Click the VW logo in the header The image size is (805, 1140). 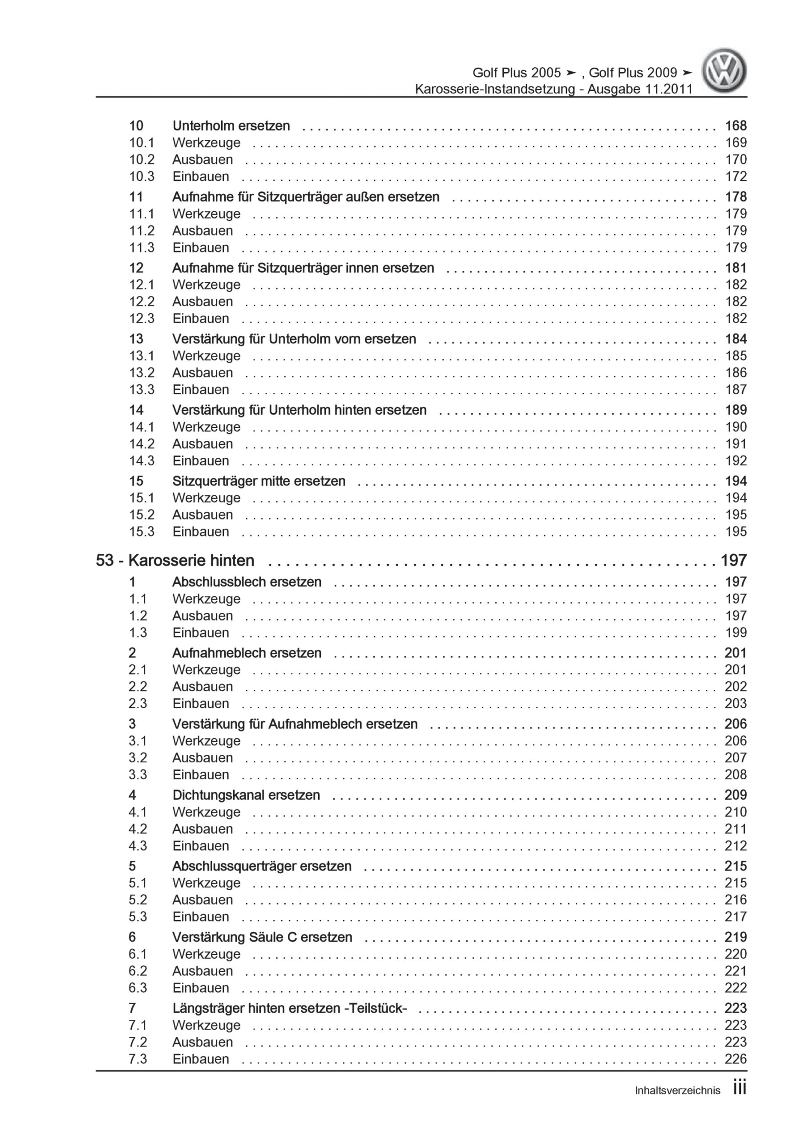[x=724, y=70]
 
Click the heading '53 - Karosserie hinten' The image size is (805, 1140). [x=175, y=561]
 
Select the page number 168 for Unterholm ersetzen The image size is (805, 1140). [x=736, y=126]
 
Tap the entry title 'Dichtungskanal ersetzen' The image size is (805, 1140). [x=246, y=795]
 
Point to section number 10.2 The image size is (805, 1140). [x=142, y=159]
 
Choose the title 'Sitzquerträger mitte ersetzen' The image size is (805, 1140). [x=259, y=480]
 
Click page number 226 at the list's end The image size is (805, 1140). [x=736, y=1059]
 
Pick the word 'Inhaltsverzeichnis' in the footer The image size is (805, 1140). [x=677, y=1091]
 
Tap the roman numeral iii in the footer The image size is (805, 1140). [x=740, y=1089]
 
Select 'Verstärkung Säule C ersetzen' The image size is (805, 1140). [x=262, y=937]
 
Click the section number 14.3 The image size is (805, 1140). [x=142, y=461]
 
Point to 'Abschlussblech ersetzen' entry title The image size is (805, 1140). [x=247, y=582]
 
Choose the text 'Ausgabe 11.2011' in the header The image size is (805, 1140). [x=640, y=90]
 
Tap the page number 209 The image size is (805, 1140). [x=736, y=795]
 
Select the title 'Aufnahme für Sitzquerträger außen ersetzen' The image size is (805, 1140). [x=306, y=197]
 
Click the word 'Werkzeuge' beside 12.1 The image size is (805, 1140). [x=206, y=285]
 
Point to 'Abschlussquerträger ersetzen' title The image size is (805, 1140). [x=262, y=866]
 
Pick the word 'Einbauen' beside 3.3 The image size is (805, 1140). [x=201, y=774]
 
